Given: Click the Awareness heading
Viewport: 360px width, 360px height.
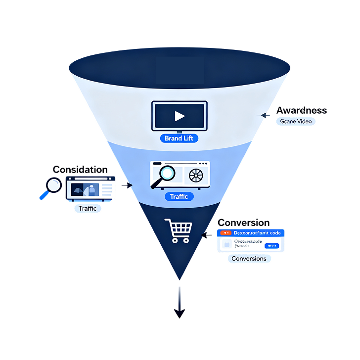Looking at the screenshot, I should point(301,110).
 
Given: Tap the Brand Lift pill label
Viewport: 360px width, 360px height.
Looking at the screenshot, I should point(179,138).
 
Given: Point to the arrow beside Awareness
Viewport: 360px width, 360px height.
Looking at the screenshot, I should point(265,115).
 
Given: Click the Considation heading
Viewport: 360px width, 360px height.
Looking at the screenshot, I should point(80,170).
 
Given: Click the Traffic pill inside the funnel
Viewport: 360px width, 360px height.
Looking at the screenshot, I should point(179,197).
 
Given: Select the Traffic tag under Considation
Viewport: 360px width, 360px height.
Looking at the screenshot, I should point(87,208).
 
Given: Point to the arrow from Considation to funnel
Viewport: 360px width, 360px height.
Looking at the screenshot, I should point(127,185).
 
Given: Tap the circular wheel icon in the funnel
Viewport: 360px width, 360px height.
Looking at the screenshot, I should point(196,175).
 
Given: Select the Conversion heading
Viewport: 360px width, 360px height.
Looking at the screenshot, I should point(244,223).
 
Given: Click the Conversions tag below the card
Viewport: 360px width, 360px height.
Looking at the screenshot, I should point(249,259).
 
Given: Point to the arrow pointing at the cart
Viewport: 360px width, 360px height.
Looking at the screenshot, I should point(205,235).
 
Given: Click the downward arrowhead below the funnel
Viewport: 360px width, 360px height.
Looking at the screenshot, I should point(179,313).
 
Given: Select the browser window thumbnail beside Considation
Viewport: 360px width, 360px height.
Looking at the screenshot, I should point(89,188).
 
